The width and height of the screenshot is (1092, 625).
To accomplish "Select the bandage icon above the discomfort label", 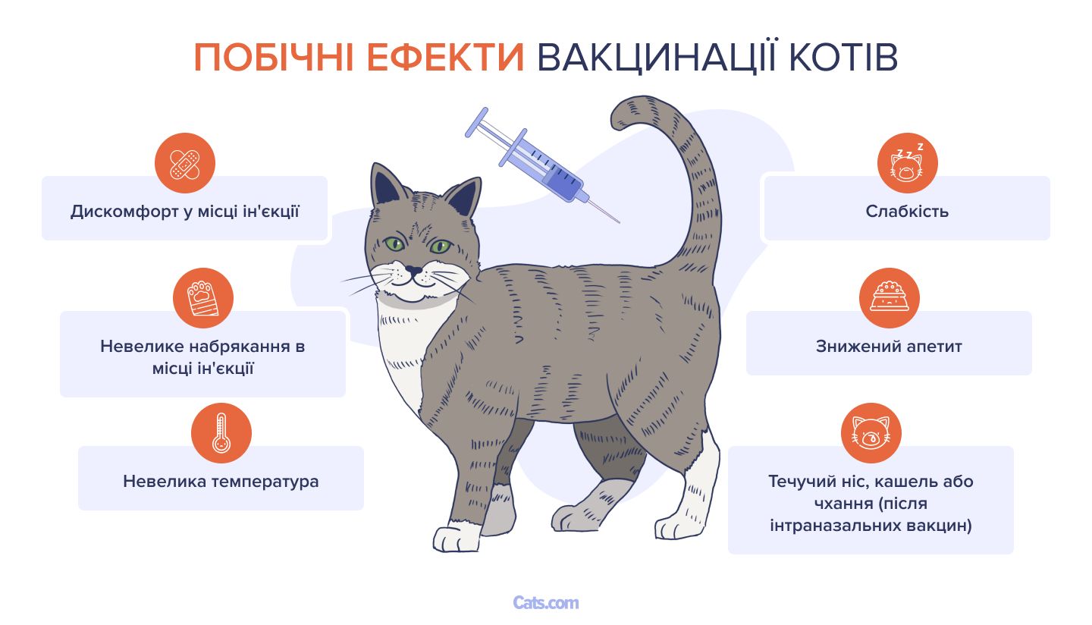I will [184, 163].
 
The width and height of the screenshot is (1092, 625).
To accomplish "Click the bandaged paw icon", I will [202, 298].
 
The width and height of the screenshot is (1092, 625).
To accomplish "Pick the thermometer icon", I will [221, 433].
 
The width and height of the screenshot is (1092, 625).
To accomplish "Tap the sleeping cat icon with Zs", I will [907, 163].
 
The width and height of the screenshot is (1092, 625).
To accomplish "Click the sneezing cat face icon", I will [871, 433].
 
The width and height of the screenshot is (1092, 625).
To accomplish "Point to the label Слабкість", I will [907, 211].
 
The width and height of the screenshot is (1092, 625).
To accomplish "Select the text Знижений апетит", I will [889, 346].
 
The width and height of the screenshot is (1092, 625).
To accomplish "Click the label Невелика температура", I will [221, 481].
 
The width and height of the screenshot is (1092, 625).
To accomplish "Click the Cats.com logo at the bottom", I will [546, 603].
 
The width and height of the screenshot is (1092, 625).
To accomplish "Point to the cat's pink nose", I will [413, 269].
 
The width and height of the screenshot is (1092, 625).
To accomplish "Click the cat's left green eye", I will [393, 244].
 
